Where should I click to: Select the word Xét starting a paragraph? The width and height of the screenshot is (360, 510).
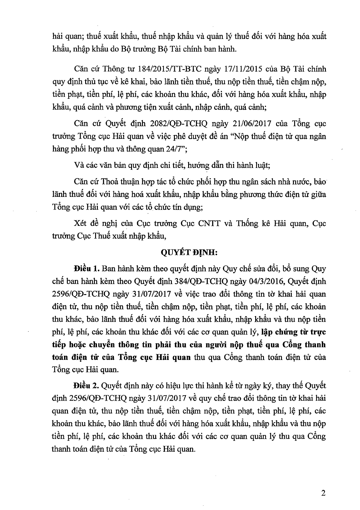79,224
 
